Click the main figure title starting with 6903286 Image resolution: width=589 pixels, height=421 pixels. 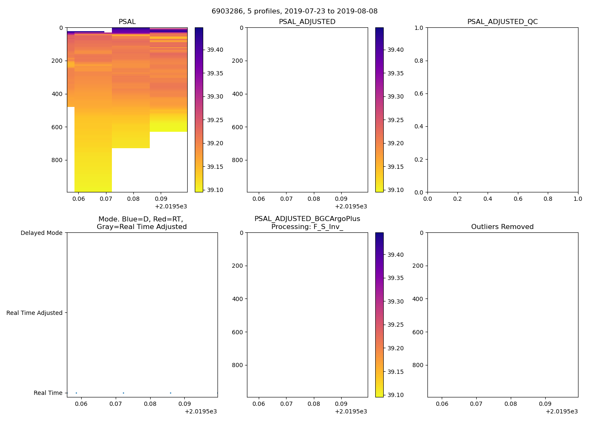click(x=294, y=11)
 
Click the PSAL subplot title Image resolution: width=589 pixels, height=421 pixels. click(x=127, y=21)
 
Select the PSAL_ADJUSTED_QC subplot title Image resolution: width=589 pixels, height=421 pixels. click(x=502, y=21)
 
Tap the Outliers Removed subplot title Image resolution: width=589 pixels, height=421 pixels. click(x=502, y=226)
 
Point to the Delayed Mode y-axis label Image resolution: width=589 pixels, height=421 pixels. click(x=41, y=233)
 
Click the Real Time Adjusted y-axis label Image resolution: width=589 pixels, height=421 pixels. click(x=34, y=313)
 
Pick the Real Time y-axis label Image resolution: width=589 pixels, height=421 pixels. click(x=48, y=393)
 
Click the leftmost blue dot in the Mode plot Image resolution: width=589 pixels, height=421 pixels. click(x=76, y=393)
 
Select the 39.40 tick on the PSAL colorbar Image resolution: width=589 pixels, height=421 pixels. click(x=215, y=50)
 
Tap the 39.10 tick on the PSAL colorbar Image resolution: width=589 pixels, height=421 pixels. click(x=215, y=190)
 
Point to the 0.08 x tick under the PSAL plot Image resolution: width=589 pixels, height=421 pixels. click(x=133, y=198)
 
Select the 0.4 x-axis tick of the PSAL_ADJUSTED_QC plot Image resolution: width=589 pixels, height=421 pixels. click(x=488, y=198)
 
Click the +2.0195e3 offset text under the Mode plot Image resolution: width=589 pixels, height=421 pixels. click(x=201, y=411)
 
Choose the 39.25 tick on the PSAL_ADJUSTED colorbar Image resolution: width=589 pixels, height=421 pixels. click(x=395, y=120)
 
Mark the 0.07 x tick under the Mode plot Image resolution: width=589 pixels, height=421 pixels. click(x=116, y=403)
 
